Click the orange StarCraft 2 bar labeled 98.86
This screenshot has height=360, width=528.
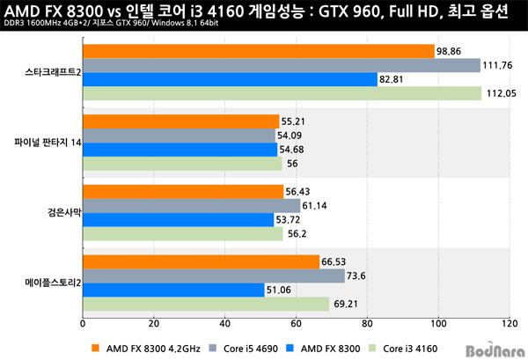coord(258,51)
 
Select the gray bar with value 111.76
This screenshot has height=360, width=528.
coord(281,65)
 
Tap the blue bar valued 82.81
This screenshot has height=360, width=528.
coord(229,79)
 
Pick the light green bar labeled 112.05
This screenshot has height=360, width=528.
coord(282,93)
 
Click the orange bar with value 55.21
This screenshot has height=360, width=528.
coord(180,121)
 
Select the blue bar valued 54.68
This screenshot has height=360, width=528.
coord(180,149)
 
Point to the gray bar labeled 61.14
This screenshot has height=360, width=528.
coord(191,205)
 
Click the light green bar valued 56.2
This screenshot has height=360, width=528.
coord(182,233)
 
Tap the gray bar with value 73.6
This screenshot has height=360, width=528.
coord(213,276)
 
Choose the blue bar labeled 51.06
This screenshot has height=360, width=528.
coord(173,290)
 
